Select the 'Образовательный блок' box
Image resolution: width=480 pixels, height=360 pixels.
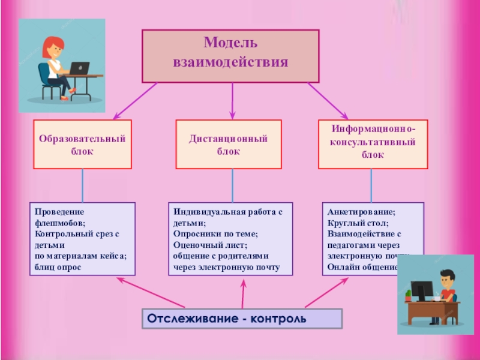tap(82, 144)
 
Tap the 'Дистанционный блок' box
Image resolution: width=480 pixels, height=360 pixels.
tap(228, 144)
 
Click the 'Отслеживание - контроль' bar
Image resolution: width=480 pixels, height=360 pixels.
tap(242, 318)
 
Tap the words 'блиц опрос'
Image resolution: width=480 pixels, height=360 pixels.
tap(58, 266)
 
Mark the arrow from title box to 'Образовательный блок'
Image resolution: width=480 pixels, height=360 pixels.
tap(135, 100)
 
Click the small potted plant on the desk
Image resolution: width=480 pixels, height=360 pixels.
tap(408, 295)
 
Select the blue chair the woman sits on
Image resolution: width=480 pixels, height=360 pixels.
tap(46, 78)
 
